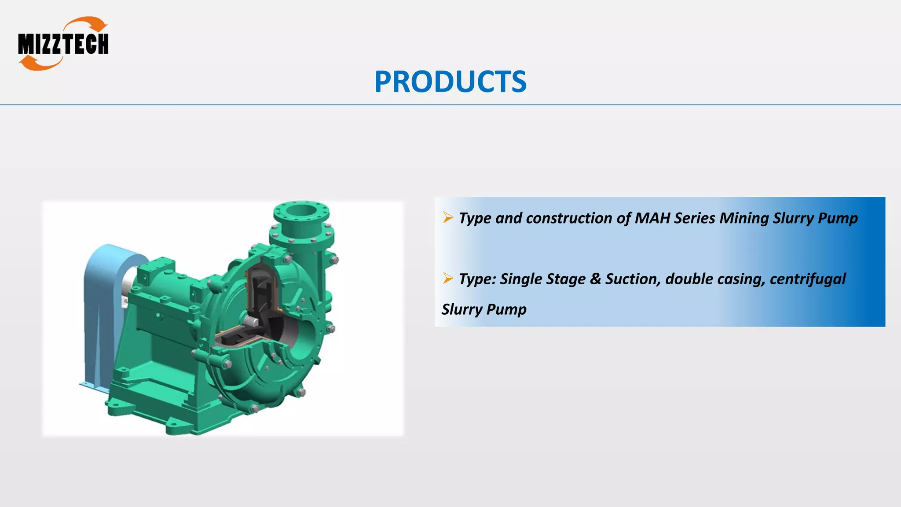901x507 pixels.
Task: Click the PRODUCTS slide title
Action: click(x=450, y=82)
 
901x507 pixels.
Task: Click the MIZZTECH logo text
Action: click(x=63, y=44)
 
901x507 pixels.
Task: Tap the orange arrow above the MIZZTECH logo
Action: click(x=90, y=24)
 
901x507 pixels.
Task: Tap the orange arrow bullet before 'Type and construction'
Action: click(x=448, y=217)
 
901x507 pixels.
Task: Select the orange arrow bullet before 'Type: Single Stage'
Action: click(x=448, y=278)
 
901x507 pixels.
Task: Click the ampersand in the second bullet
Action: click(x=595, y=279)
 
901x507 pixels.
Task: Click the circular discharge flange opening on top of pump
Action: click(x=301, y=211)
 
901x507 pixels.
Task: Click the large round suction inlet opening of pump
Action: click(x=299, y=334)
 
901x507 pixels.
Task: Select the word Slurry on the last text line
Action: click(x=462, y=309)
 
